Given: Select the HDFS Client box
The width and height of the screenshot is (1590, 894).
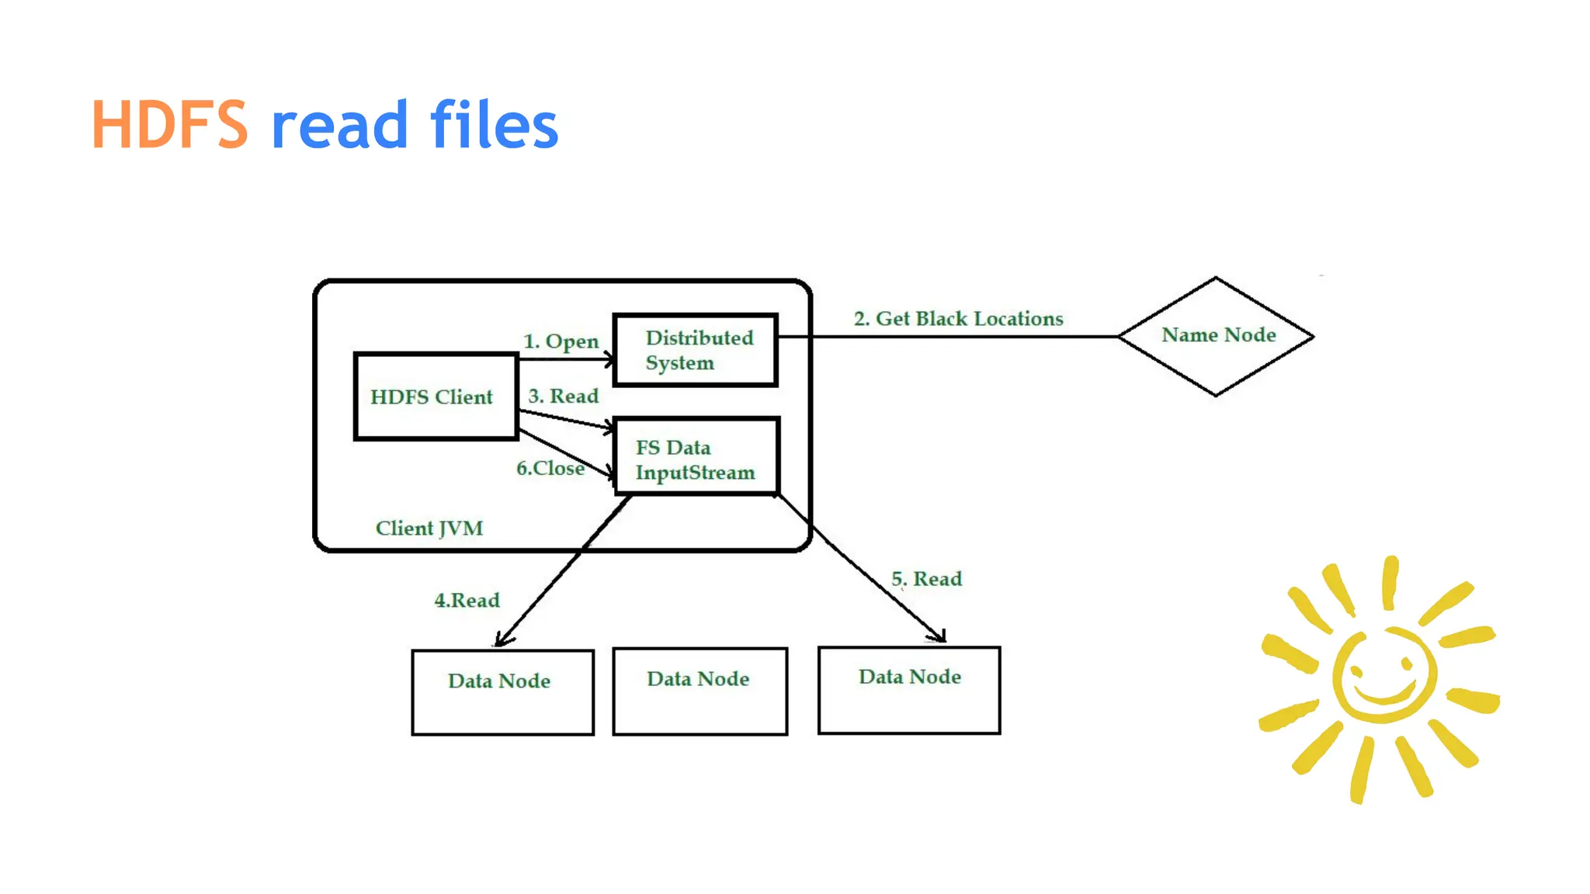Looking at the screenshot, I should tap(435, 397).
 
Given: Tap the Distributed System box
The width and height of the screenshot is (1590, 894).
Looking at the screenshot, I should tap(696, 350).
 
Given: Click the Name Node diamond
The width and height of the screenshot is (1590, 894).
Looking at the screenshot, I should tap(1217, 335).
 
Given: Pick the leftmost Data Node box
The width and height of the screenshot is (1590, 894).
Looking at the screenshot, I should tap(502, 692).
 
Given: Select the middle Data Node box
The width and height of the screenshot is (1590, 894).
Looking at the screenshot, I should tap(699, 691).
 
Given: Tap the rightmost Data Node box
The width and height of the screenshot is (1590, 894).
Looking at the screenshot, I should tap(909, 690).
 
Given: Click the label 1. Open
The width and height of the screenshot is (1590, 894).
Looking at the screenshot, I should tap(561, 341).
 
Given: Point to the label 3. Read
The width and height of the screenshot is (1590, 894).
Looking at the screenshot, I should tap(563, 396).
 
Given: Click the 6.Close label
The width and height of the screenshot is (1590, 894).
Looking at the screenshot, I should tap(550, 468).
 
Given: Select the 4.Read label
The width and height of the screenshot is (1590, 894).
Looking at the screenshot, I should tap(467, 600).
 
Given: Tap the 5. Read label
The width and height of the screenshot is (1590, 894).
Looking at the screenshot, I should tap(926, 579).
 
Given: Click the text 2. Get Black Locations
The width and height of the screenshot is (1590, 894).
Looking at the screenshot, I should tap(958, 319).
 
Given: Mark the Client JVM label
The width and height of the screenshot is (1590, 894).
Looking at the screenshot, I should tap(429, 528).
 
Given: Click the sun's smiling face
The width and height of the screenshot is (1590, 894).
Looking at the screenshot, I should tap(1383, 675).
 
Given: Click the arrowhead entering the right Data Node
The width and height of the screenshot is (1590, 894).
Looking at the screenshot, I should tap(940, 637).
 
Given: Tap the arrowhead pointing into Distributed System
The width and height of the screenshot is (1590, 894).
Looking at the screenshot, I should tap(609, 359).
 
